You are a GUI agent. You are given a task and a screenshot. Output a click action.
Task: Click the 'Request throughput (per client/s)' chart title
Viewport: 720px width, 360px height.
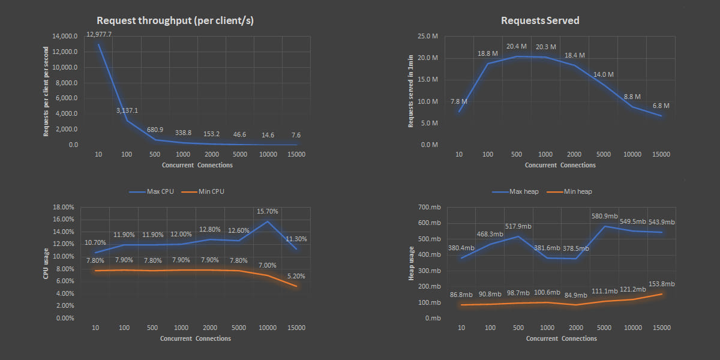coord(175,20)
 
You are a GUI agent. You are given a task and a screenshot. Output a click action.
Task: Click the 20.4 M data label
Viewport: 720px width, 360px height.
coord(516,46)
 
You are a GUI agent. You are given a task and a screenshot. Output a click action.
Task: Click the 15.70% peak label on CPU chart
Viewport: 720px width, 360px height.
coord(268,211)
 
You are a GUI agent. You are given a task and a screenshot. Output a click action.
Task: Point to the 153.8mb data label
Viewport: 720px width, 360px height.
coord(661,284)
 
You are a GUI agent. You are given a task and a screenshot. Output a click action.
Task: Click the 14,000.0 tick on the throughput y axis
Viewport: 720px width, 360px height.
coord(65,36)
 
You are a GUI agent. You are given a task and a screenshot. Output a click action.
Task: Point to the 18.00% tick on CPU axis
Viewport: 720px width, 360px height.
coord(63,207)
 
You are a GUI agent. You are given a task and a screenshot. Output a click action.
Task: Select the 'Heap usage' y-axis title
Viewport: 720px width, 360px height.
coord(412,263)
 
